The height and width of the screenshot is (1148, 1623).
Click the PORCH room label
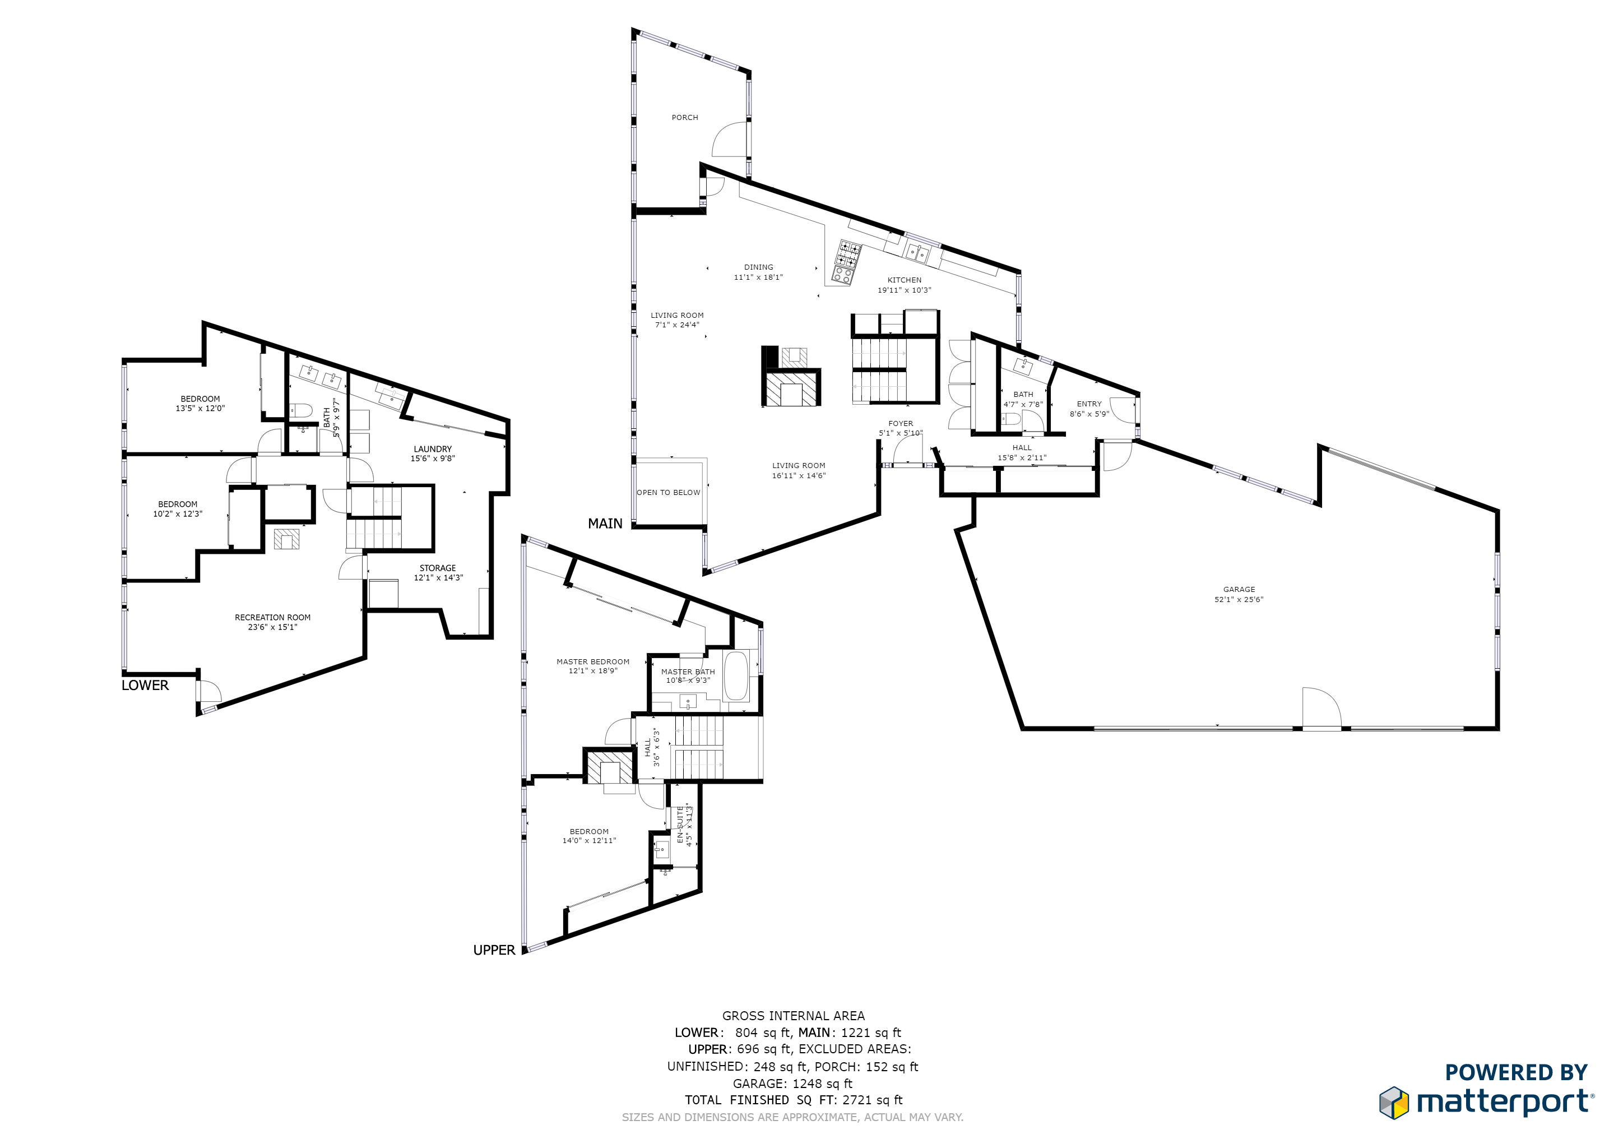pos(684,117)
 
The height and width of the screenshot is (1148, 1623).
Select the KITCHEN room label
pos(904,280)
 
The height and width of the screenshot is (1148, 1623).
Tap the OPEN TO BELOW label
pos(668,493)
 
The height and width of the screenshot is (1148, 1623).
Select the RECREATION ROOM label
pos(272,617)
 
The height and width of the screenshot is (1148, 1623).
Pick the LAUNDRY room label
pos(433,449)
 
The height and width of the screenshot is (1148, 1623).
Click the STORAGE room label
pos(438,568)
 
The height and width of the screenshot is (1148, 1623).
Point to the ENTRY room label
pos(1088,404)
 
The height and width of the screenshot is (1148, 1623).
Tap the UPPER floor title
pos(494,950)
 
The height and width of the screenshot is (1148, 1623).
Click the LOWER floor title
pos(145,685)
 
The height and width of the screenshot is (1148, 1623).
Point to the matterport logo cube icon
pos(1393,1103)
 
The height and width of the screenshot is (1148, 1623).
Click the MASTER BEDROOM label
pos(592,661)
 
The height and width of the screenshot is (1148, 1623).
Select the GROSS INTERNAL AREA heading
pos(793,1016)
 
